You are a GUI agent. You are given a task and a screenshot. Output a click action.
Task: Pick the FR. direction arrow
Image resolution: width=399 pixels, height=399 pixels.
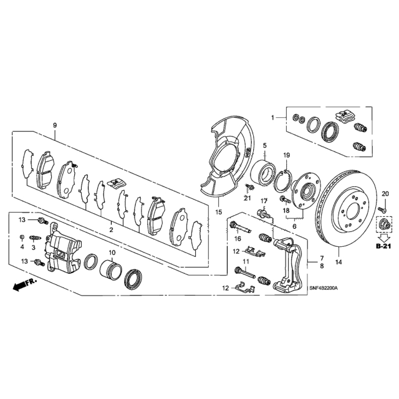click(x=25, y=284)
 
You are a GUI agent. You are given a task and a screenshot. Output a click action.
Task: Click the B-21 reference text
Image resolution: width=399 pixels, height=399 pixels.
click(x=384, y=246)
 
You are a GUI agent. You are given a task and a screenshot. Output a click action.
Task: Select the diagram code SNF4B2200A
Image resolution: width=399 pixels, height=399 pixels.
click(x=323, y=288)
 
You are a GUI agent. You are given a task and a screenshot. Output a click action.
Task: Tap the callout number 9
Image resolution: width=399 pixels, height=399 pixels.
click(x=55, y=125)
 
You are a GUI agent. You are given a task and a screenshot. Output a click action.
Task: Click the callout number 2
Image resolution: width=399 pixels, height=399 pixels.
click(x=111, y=230)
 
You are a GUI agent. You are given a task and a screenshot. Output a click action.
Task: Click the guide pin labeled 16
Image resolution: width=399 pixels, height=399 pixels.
click(x=240, y=227)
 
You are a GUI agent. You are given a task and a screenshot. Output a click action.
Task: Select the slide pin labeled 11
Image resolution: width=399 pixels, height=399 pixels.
click(x=245, y=272)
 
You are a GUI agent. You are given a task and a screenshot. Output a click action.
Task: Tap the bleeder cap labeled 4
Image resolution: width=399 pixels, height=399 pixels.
click(x=22, y=237)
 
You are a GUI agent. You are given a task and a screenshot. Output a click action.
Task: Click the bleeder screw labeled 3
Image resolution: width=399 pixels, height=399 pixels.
click(x=34, y=238)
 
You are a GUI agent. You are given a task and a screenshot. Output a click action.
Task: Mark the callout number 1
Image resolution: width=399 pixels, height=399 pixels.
click(x=273, y=118)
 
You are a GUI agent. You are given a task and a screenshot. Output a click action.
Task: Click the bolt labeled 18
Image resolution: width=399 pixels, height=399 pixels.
click(x=285, y=199)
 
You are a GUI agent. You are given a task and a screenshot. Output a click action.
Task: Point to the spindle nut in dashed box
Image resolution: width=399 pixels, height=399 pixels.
click(x=384, y=224)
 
